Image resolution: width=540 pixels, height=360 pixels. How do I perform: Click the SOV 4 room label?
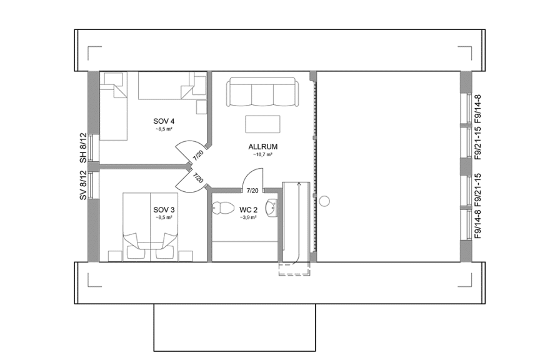coord(163,121)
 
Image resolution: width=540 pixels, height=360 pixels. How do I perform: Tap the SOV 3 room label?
coord(163,210)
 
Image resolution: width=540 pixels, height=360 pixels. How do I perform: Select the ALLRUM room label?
coord(262,146)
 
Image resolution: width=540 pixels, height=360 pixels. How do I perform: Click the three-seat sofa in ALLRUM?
coord(262,93)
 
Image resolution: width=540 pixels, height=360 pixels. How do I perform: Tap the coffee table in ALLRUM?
coord(262,122)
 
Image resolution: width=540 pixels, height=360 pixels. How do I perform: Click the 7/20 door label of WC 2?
coord(252,190)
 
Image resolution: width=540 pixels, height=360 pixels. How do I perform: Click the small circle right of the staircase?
coord(324,201)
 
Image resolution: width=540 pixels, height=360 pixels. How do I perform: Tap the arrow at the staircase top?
coord(299,186)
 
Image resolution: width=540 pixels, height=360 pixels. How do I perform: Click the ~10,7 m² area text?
coord(262,154)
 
